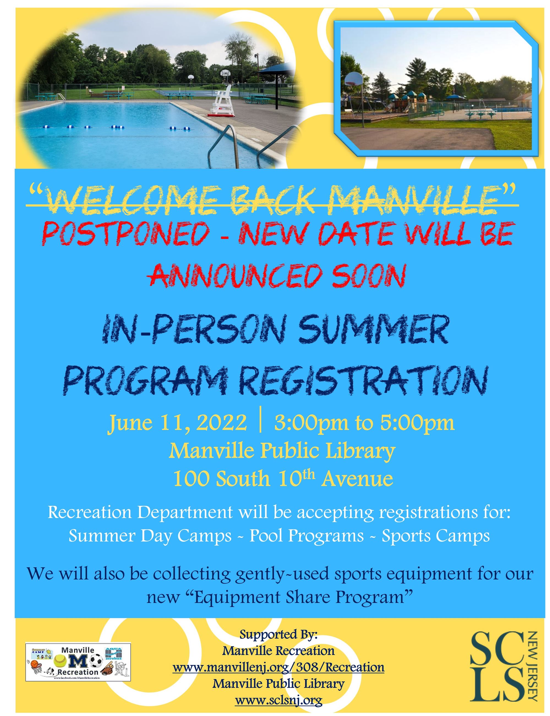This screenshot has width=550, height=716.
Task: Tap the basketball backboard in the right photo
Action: [x=354, y=80]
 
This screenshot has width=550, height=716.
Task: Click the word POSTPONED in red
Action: [x=126, y=233]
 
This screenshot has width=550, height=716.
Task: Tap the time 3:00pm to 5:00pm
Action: [x=364, y=423]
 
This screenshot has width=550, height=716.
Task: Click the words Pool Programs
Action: [x=307, y=536]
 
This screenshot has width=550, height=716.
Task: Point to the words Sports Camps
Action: [x=436, y=536]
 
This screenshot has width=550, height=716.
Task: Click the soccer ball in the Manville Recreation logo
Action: [x=96, y=661]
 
